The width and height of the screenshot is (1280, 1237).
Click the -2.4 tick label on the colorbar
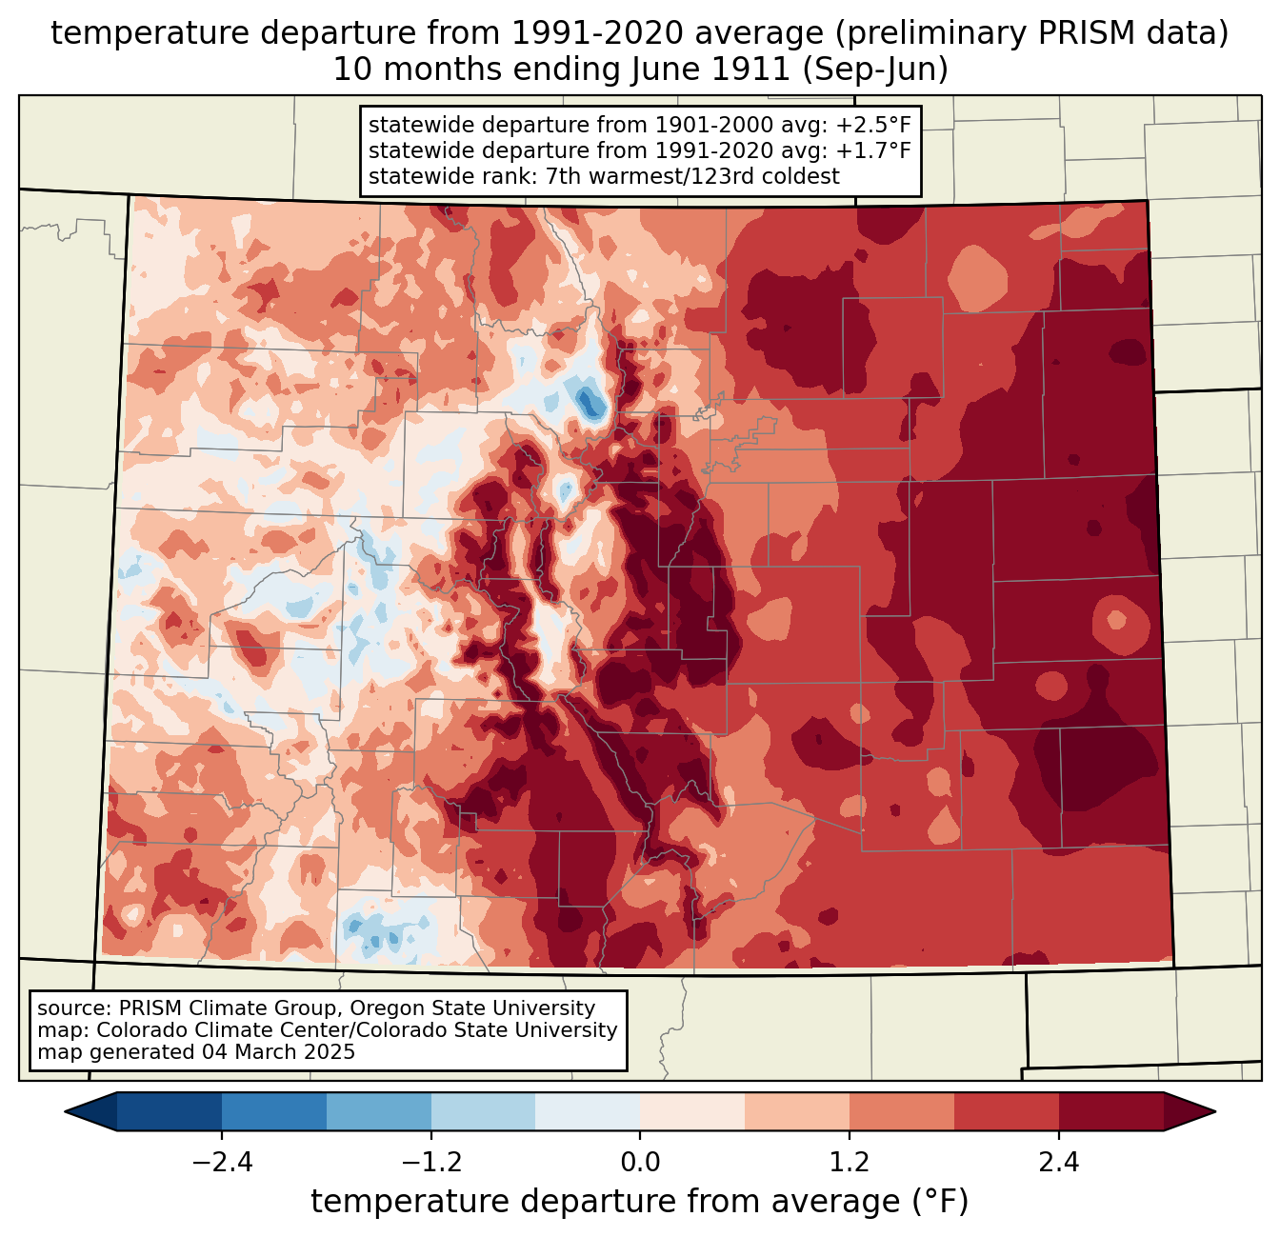222,1162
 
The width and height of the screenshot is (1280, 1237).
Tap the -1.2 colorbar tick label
431,1162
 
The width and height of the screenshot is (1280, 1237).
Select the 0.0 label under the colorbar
640,1162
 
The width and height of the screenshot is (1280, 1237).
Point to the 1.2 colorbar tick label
850,1162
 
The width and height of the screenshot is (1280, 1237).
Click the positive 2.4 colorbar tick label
1059,1162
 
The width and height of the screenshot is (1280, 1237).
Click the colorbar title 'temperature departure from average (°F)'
639,1201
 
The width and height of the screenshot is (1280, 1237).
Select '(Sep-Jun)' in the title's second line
875,70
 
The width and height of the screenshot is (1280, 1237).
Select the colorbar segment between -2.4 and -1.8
274,1112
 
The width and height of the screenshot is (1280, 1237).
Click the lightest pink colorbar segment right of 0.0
692,1112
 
